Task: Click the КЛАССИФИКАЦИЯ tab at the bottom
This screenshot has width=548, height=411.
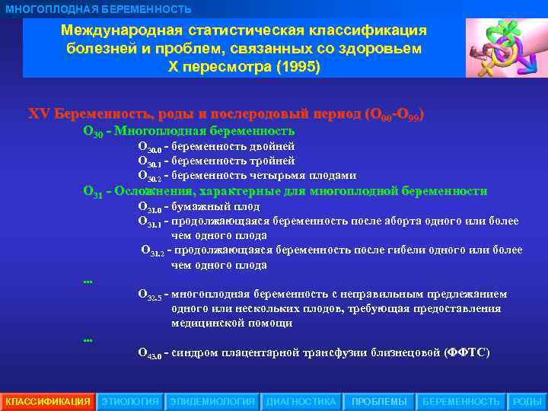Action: pyautogui.click(x=47, y=401)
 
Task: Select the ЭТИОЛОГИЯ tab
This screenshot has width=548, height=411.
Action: pyautogui.click(x=130, y=401)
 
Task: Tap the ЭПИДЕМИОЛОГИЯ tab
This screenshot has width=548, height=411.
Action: pyautogui.click(x=212, y=401)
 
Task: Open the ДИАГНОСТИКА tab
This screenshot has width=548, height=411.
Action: pyautogui.click(x=301, y=401)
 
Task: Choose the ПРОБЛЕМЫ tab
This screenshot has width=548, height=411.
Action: pyautogui.click(x=379, y=401)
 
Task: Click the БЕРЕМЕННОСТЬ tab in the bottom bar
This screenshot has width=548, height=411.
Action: pyautogui.click(x=460, y=401)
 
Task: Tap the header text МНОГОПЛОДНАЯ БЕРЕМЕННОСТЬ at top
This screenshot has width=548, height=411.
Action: pyautogui.click(x=98, y=8)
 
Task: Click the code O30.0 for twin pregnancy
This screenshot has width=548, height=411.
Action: pyautogui.click(x=149, y=147)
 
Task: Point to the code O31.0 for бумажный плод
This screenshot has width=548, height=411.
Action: pyautogui.click(x=149, y=207)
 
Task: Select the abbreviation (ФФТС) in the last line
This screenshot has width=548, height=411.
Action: pyautogui.click(x=467, y=352)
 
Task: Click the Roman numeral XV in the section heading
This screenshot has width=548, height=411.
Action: pyautogui.click(x=38, y=114)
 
